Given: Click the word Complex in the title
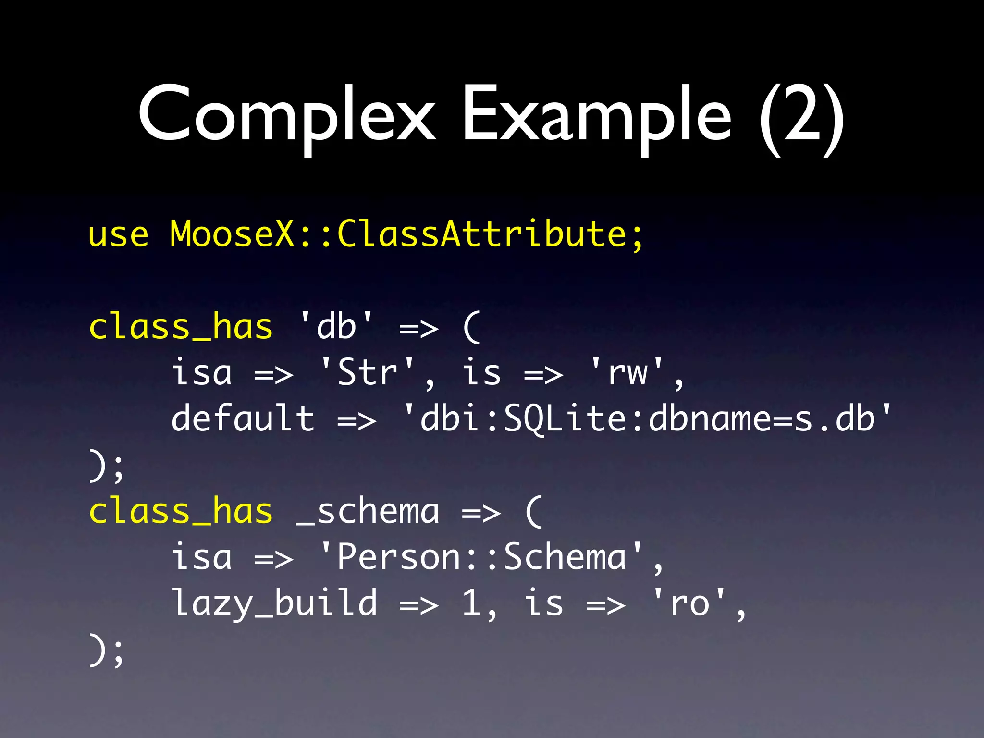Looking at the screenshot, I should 287,115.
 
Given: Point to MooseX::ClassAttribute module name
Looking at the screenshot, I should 406,234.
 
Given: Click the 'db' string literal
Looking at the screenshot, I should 336,327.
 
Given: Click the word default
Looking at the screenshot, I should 243,418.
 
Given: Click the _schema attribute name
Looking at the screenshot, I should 368,511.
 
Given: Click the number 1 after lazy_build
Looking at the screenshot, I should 472,603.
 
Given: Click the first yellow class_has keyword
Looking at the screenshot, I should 181,327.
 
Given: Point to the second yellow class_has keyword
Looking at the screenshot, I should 181,511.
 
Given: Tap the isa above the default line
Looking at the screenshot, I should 202,372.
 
